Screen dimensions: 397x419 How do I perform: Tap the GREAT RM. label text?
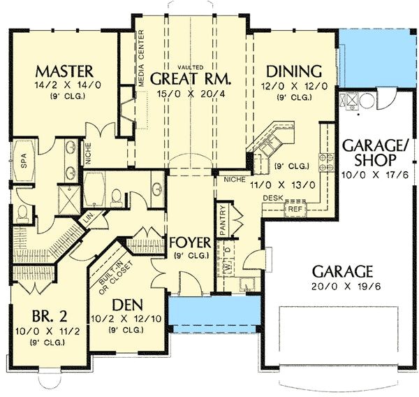pyautogui.click(x=191, y=78)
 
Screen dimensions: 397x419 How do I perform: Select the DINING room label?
pyautogui.click(x=293, y=71)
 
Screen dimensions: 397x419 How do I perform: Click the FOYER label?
pyautogui.click(x=189, y=243)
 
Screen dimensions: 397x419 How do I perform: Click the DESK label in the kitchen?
pyautogui.click(x=272, y=198)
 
